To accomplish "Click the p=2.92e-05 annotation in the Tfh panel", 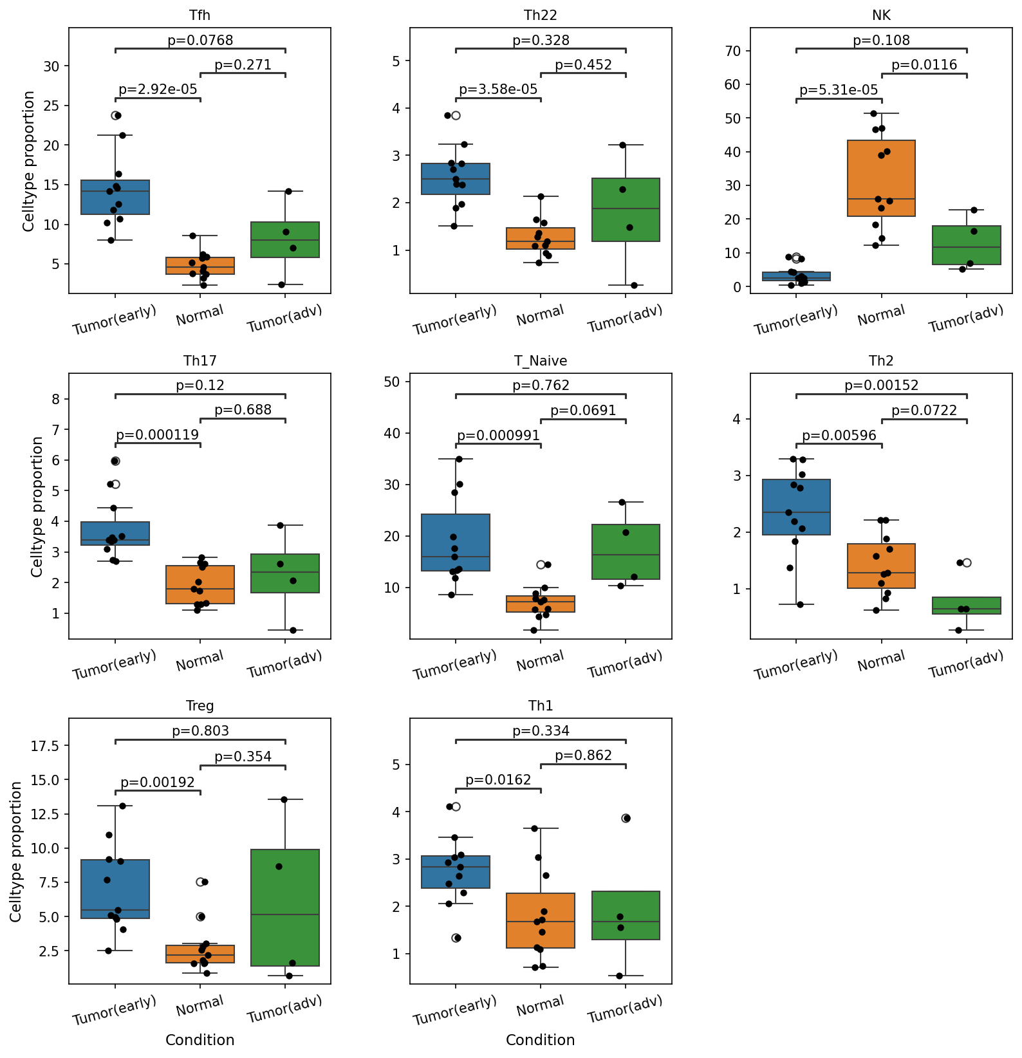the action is [158, 89].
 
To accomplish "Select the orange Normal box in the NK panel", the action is [881, 178].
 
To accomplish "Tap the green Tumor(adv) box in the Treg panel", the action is [285, 907].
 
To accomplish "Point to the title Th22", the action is [541, 15].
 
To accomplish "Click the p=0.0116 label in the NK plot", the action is [924, 65].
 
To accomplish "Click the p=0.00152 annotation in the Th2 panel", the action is [882, 385].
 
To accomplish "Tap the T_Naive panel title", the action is [541, 361].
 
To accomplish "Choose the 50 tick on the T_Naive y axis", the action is [393, 382].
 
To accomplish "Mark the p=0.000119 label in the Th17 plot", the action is [158, 435].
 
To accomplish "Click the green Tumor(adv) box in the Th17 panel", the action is [285, 573].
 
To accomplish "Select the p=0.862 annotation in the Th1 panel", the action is [584, 756].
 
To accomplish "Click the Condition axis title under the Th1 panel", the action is [541, 1040].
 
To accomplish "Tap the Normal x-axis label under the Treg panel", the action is [200, 1005].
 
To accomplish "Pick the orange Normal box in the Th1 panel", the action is [541, 920].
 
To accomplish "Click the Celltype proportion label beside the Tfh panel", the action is [29, 161].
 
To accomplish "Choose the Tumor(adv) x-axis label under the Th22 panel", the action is [625, 319].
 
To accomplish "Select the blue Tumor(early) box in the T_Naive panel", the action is [456, 543].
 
